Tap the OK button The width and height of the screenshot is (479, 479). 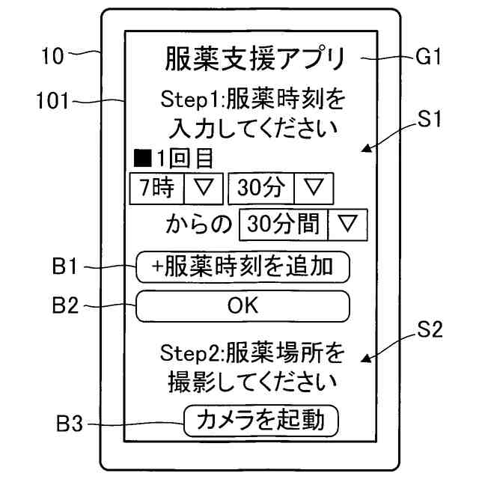click(242, 305)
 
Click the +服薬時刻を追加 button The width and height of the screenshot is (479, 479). click(242, 266)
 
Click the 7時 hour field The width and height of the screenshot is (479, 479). click(156, 187)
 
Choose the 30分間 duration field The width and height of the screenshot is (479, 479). click(284, 223)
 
